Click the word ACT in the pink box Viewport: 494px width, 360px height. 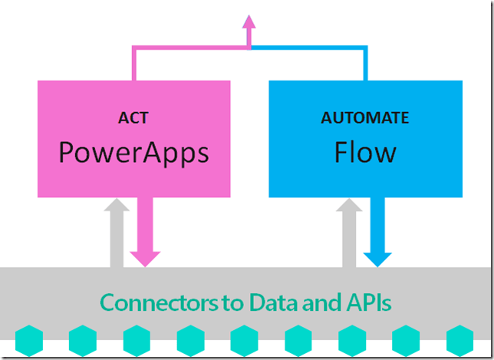(134, 118)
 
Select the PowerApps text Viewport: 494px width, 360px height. (134, 152)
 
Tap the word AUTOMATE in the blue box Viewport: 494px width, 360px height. (365, 118)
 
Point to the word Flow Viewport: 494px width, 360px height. (365, 152)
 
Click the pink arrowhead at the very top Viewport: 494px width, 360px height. (249, 21)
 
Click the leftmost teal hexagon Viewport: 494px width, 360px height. (28, 340)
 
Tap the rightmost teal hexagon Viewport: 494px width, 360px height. (460, 340)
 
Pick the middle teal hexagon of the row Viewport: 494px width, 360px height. (244, 340)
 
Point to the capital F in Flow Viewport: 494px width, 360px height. (343, 152)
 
